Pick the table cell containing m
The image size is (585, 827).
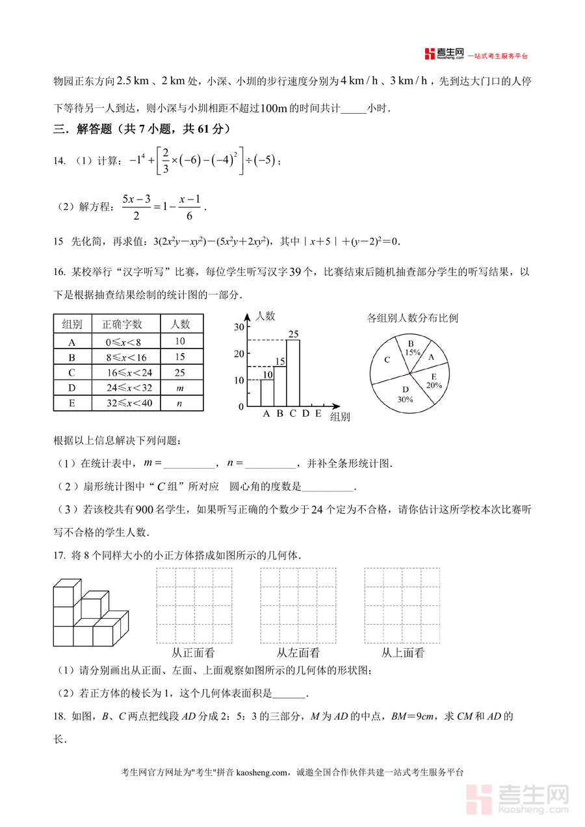coord(180,388)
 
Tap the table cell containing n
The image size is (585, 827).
coord(180,404)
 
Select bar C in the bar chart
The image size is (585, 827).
coord(292,374)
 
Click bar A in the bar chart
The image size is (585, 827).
coord(266,393)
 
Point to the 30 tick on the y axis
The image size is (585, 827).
coord(239,326)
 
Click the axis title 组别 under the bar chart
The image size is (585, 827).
coord(340,417)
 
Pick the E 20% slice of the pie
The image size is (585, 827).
coord(433,381)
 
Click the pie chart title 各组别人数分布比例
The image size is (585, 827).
coord(412,318)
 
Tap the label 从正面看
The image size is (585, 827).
coord(193,653)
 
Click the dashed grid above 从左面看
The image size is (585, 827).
coord(298,605)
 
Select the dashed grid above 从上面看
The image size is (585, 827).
coord(402,605)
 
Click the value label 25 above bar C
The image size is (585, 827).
coord(293,334)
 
